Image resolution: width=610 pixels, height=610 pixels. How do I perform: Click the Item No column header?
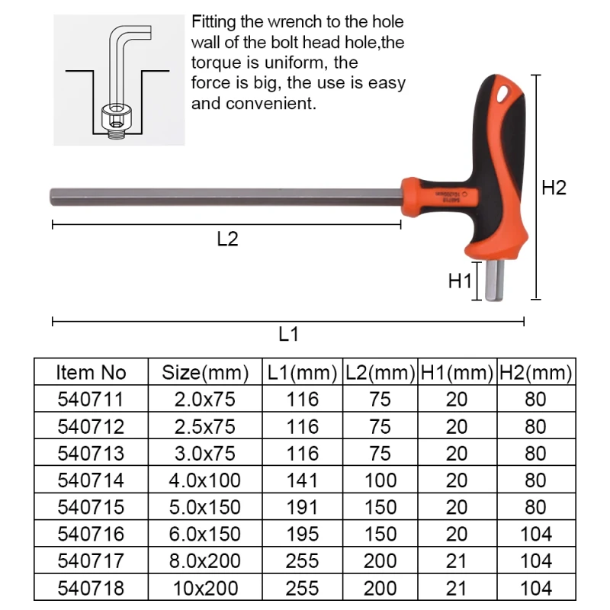pyautogui.click(x=91, y=372)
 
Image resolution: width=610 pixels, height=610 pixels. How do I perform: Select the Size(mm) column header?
pyautogui.click(x=205, y=372)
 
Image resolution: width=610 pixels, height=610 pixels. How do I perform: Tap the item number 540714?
pyautogui.click(x=91, y=480)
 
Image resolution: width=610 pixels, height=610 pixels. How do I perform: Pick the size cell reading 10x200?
pyautogui.click(x=205, y=588)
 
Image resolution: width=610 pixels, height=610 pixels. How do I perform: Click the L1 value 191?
pyautogui.click(x=303, y=507)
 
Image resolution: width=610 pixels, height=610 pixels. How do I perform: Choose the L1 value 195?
pyautogui.click(x=303, y=534)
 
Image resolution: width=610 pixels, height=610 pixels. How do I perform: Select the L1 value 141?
pyautogui.click(x=303, y=480)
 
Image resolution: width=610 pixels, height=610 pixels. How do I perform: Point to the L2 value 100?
pyautogui.click(x=380, y=480)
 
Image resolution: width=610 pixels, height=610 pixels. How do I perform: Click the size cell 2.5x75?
pyautogui.click(x=205, y=425)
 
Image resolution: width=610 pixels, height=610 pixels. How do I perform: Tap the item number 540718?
pyautogui.click(x=91, y=588)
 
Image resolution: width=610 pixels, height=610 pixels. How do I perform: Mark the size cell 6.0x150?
pyautogui.click(x=205, y=534)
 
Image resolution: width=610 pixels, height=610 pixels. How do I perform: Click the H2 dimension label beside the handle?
pyautogui.click(x=554, y=188)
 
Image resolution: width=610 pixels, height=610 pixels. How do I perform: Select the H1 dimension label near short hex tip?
pyautogui.click(x=460, y=281)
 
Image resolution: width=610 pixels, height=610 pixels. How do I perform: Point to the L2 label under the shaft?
pyautogui.click(x=227, y=239)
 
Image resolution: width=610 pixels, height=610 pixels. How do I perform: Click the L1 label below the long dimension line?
pyautogui.click(x=287, y=333)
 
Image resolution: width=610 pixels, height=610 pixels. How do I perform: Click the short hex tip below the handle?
pyautogui.click(x=493, y=282)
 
